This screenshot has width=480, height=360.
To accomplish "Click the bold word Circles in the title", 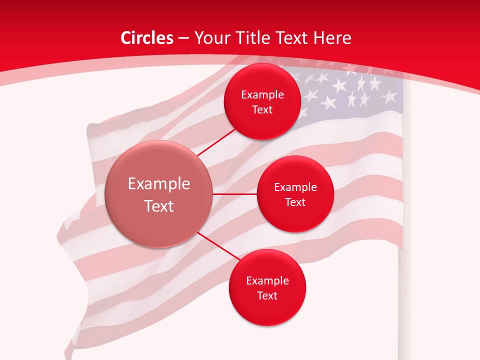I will [x=146, y=38].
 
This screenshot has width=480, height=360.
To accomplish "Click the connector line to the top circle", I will [x=216, y=142].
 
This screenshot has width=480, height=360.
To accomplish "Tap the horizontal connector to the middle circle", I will [x=234, y=194].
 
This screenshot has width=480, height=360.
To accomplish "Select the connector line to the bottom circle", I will [x=218, y=247].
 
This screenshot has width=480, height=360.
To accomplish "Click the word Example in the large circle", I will [x=159, y=184].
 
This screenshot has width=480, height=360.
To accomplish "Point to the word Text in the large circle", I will [x=159, y=206].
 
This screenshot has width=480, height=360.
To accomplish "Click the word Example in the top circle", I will [x=262, y=95].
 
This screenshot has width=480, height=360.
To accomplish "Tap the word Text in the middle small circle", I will [x=295, y=202].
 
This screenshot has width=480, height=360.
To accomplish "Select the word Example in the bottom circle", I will [x=267, y=281].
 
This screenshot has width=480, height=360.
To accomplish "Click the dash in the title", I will [x=183, y=38].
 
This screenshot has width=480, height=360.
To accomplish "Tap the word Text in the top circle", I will [x=262, y=110].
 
